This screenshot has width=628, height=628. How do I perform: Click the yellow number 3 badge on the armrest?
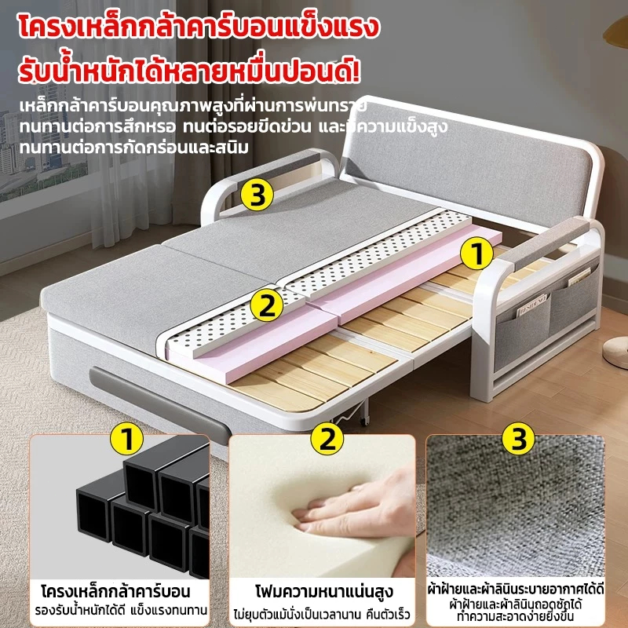pyautogui.click(x=257, y=195)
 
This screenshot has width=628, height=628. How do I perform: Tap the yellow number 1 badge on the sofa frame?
pyautogui.click(x=476, y=254)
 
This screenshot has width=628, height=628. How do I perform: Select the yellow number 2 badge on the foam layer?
pyautogui.click(x=267, y=305)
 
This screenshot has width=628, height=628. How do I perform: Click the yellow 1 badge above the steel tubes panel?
pyautogui.click(x=126, y=439)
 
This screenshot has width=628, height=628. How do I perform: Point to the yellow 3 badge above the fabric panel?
pyautogui.click(x=518, y=439)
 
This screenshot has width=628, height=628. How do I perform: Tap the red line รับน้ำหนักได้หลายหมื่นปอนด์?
pyautogui.click(x=189, y=71)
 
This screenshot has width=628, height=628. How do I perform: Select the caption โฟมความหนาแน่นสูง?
pyautogui.click(x=324, y=592)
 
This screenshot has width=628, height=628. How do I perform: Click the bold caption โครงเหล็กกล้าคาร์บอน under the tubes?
pyautogui.click(x=115, y=591)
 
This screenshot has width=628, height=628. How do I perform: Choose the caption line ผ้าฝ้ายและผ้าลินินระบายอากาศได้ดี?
pyautogui.click(x=516, y=590)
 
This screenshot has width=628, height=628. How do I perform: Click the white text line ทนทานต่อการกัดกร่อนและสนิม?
pyautogui.click(x=133, y=148)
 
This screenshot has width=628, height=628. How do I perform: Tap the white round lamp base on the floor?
pyautogui.click(x=616, y=352)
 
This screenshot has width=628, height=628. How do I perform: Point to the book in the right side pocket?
pyautogui.click(x=578, y=277)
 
